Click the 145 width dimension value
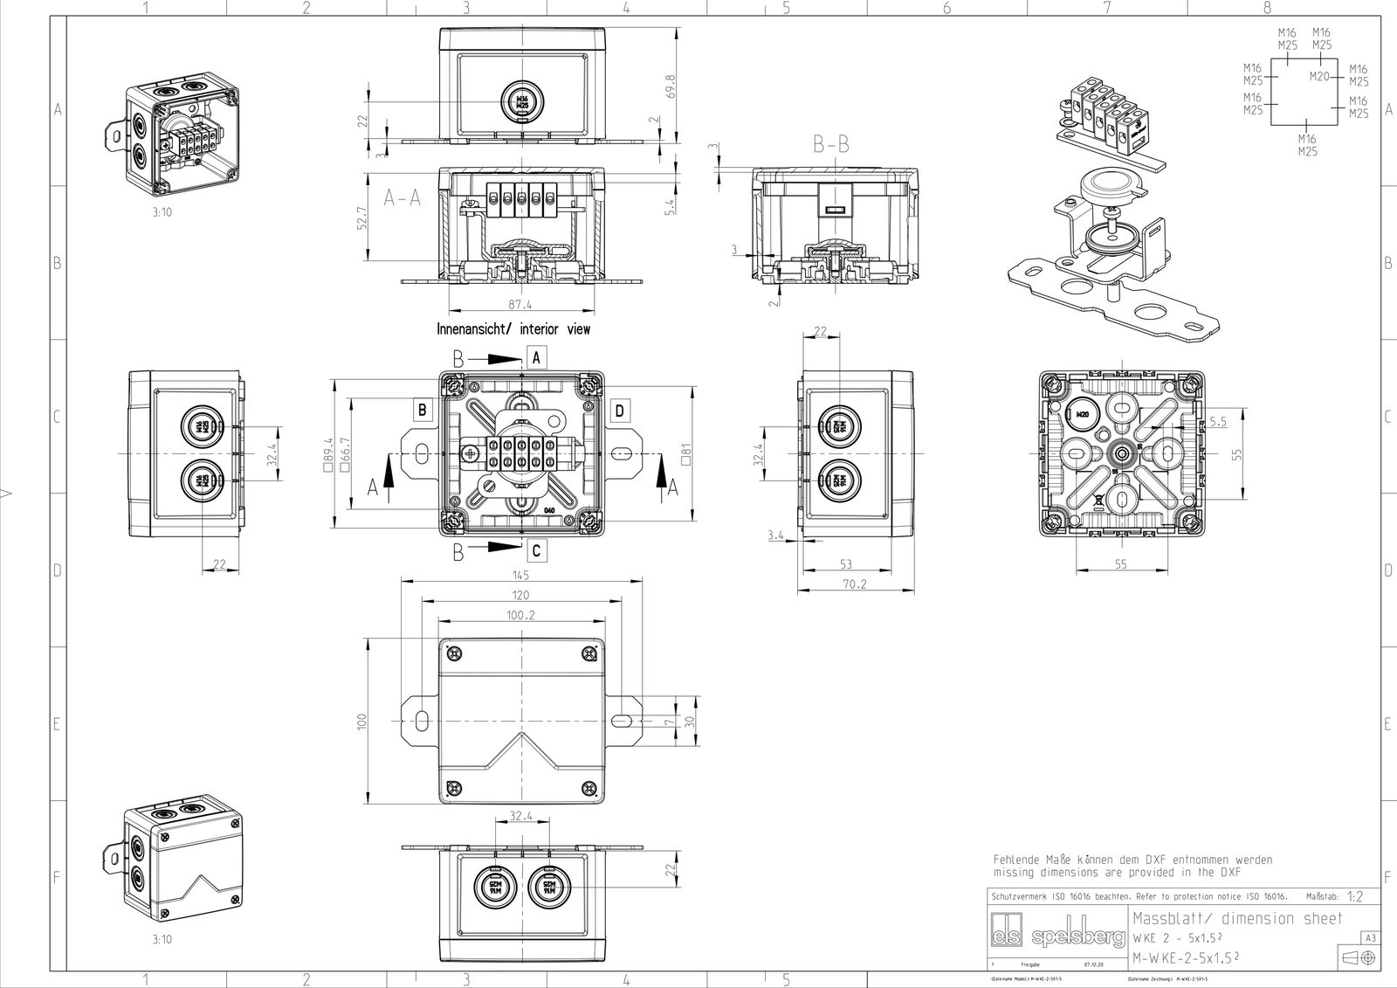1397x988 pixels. click(520, 576)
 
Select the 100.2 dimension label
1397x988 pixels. click(520, 615)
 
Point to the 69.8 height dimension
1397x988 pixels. click(670, 87)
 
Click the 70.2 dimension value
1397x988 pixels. click(855, 584)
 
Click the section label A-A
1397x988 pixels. click(403, 199)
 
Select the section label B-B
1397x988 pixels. click(830, 146)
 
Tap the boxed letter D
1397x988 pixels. click(618, 410)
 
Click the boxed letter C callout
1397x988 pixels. click(536, 550)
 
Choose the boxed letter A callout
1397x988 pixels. click(536, 356)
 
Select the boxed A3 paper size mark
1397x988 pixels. click(1370, 937)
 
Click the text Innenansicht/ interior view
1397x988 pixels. click(513, 329)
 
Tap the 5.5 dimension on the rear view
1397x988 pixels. click(1218, 421)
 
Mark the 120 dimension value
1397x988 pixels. click(520, 596)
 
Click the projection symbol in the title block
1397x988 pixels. click(1359, 957)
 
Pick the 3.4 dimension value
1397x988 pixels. click(775, 535)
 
